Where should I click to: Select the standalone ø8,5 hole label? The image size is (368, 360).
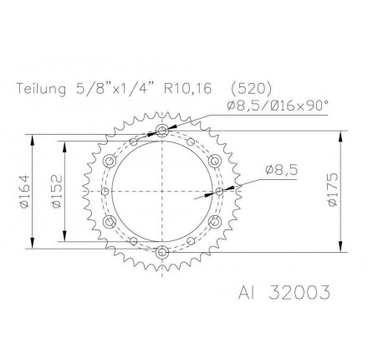pos(281,169)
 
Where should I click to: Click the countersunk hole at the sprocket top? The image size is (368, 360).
pos(162,131)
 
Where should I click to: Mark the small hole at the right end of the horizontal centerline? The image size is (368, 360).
pos(220,191)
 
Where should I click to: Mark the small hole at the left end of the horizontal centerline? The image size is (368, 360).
pos(105,191)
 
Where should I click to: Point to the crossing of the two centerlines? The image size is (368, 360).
pos(162,191)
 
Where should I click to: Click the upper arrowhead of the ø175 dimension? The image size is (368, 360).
pos(340,135)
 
